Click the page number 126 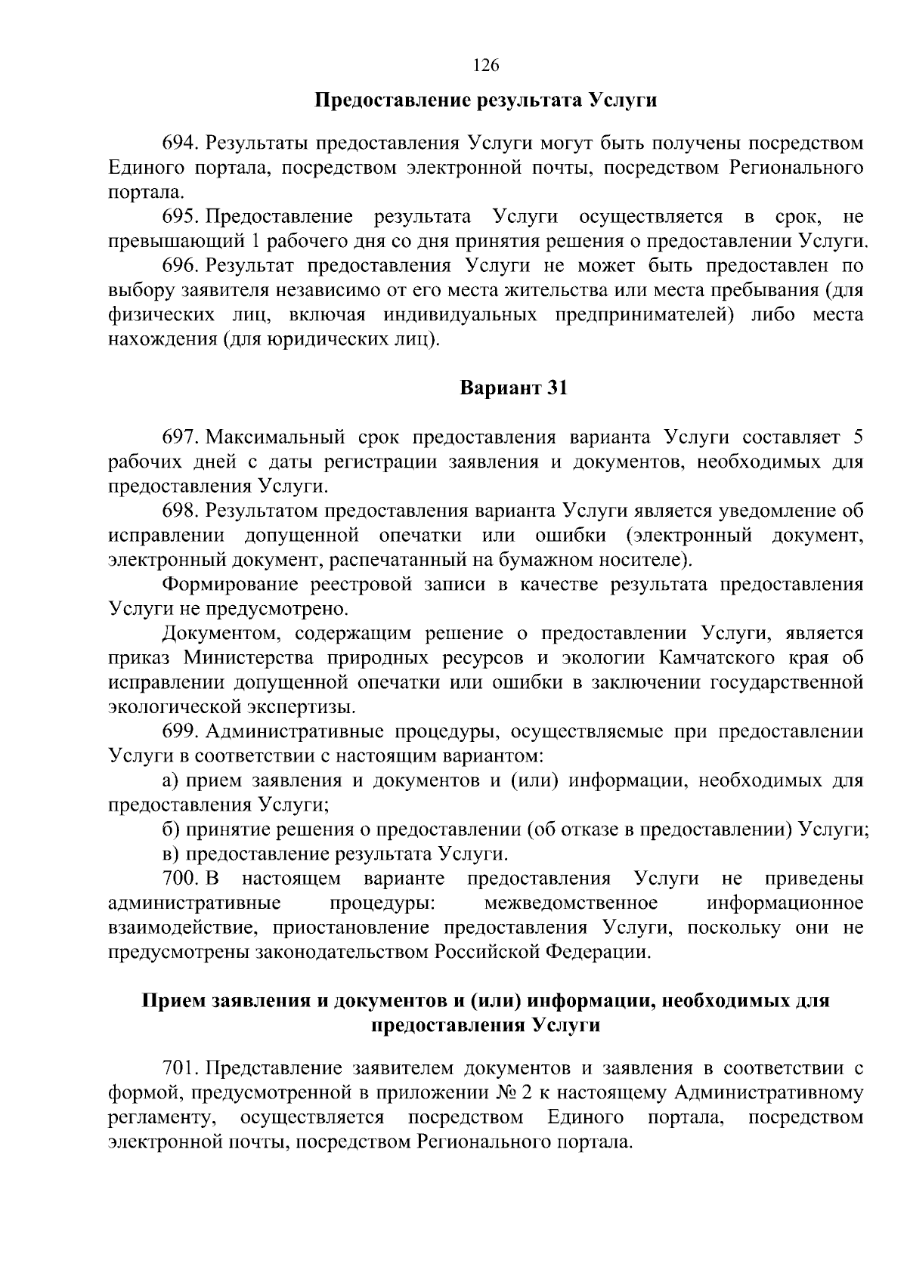point(486,66)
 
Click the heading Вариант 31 point(513,388)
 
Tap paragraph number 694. point(180,144)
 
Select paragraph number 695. point(180,218)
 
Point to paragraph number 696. point(180,266)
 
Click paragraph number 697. point(180,437)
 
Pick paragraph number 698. point(180,511)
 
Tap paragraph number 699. point(180,731)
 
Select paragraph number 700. point(180,879)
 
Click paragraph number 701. point(180,1068)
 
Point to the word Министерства point(247,658)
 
